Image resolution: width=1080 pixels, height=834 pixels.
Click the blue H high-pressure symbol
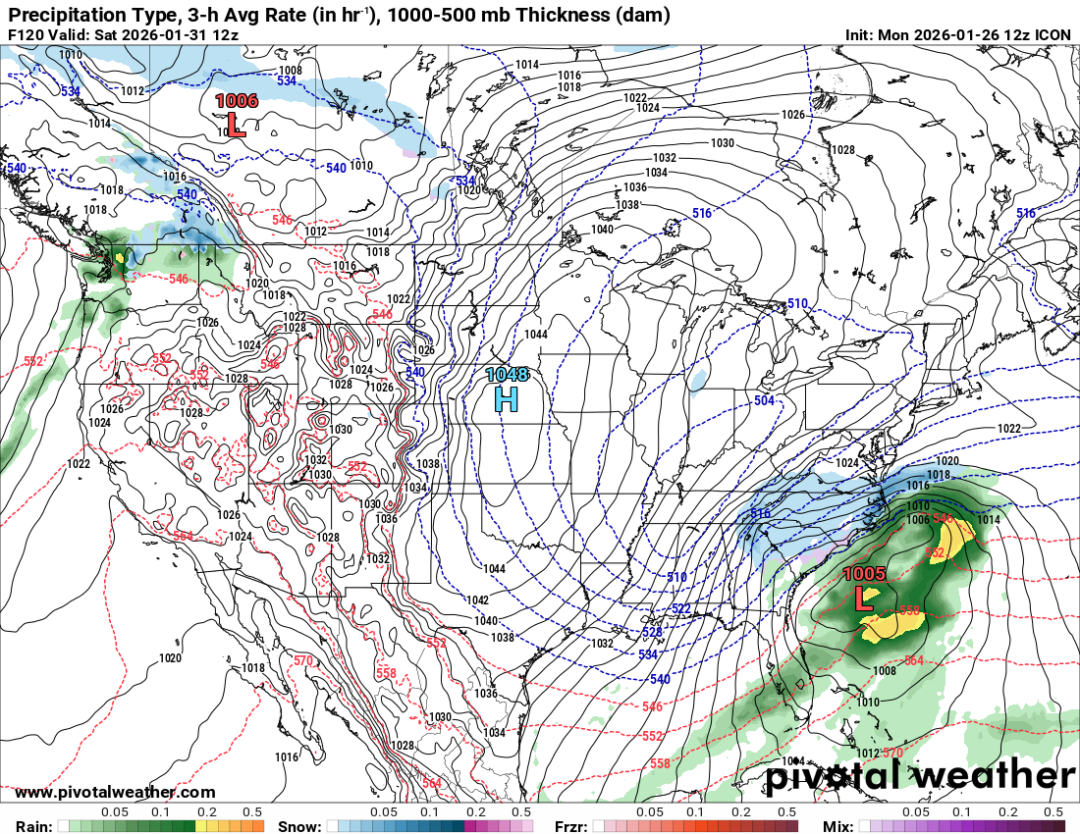click(506, 398)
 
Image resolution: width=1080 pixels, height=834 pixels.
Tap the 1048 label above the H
click(506, 375)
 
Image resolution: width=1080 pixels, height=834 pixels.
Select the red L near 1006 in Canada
click(235, 123)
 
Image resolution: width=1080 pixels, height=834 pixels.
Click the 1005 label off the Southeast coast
click(865, 574)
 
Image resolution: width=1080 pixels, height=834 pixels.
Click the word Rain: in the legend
click(34, 825)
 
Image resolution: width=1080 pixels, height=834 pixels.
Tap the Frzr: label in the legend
click(573, 825)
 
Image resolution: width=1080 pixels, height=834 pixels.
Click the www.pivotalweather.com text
click(115, 792)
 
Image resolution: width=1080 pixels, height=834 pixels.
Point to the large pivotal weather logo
click(920, 776)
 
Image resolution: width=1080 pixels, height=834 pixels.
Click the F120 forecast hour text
click(27, 34)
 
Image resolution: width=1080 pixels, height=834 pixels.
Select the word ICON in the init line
click(1053, 34)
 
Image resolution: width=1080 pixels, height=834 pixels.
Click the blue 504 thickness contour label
click(765, 401)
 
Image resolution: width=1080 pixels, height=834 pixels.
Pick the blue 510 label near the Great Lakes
click(797, 304)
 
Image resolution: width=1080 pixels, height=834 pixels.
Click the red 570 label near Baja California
click(302, 660)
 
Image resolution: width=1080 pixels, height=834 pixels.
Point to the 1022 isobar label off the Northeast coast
click(1008, 429)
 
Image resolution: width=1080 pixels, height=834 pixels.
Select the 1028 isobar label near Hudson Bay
click(842, 150)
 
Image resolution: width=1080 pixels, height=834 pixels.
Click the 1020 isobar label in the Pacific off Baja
click(170, 658)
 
